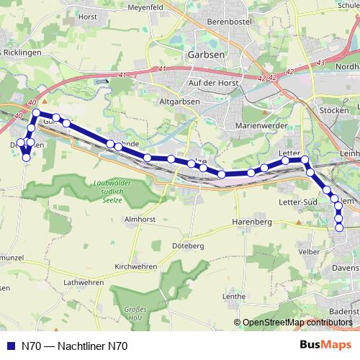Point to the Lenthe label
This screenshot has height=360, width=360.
click(235, 296)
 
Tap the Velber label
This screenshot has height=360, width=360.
click(309, 251)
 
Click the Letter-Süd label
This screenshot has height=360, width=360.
click(295, 202)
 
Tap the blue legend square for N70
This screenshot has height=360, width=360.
click(10, 346)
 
